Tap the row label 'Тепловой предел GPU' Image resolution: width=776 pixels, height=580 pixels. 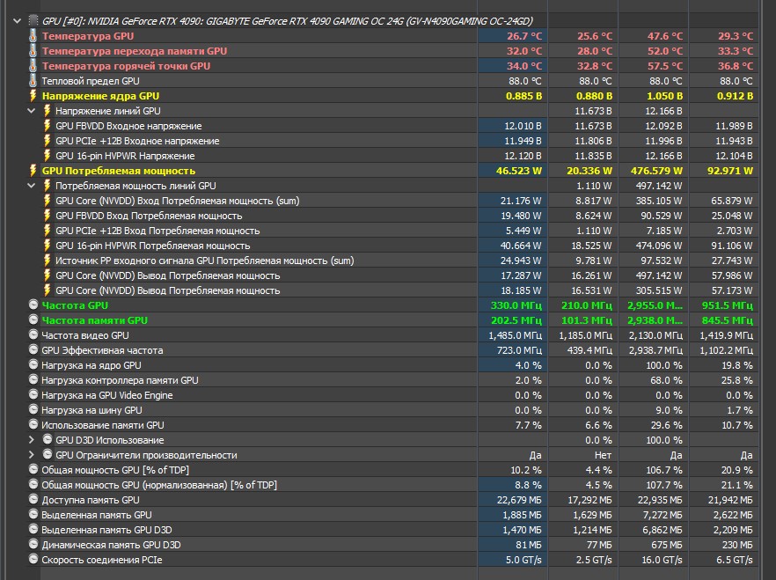coord(91,81)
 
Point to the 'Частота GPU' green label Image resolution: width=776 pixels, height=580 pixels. coord(75,305)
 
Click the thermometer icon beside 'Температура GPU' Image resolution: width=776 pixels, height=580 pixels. coord(33,36)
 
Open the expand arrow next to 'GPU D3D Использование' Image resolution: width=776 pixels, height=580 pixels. coord(33,440)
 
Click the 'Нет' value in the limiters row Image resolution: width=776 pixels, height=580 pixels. coord(604,455)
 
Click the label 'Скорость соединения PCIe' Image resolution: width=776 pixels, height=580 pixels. coord(101,560)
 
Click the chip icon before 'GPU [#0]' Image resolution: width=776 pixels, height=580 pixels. coord(33,20)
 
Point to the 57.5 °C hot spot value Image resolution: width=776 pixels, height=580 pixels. coord(665,66)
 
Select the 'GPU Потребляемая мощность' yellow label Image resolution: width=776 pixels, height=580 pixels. coord(119,171)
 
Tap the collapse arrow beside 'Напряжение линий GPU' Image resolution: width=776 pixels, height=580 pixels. coord(33,111)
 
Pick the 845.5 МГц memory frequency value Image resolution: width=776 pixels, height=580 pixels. coord(730,320)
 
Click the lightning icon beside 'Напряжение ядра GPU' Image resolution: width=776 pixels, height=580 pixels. coord(33,96)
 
